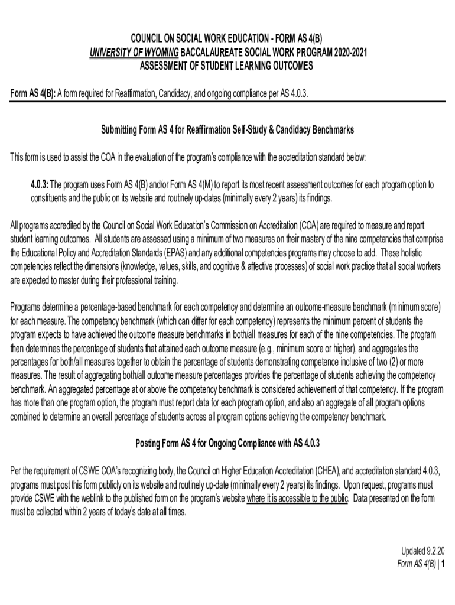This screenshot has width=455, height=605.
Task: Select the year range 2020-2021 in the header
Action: [347, 52]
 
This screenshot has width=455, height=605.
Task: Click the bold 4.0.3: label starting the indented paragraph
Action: [43, 185]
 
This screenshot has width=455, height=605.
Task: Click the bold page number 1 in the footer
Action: [442, 564]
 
